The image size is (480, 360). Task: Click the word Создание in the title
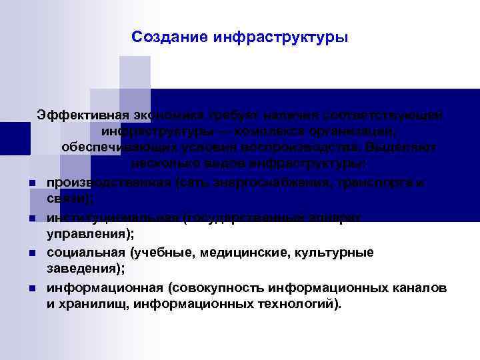(169, 37)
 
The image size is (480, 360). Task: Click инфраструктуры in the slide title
(281, 37)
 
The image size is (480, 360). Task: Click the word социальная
(85, 253)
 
